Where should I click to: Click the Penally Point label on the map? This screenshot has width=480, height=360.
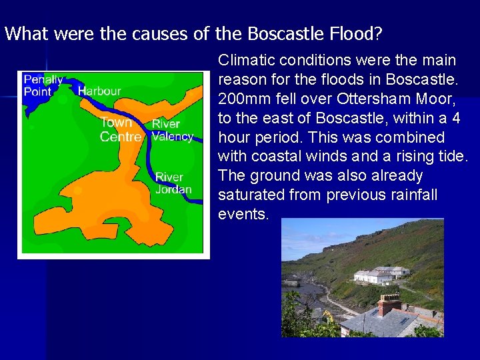(43, 85)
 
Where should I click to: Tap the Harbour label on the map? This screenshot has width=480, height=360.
(99, 91)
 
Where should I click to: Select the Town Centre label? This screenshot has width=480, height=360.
(120, 129)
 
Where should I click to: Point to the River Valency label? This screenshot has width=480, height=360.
(172, 130)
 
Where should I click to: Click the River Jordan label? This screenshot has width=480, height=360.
(172, 183)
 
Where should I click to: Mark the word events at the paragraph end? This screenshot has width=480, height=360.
(241, 214)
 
